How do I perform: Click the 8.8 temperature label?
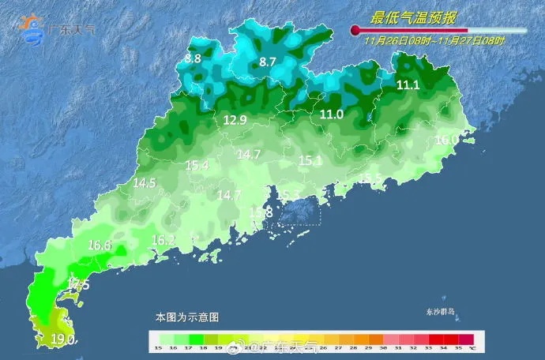194,58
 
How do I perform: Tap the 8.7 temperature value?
268,62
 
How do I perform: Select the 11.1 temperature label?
408,85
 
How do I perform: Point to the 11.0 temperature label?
332,114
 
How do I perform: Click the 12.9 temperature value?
235,120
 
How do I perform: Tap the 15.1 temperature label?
310,161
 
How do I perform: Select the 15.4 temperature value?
197,165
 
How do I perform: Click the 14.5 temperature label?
145,183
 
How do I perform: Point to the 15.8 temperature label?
261,213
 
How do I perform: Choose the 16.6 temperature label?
100,246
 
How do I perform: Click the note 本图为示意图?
186,317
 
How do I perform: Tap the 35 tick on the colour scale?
460,347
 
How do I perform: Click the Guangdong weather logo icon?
34,28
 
